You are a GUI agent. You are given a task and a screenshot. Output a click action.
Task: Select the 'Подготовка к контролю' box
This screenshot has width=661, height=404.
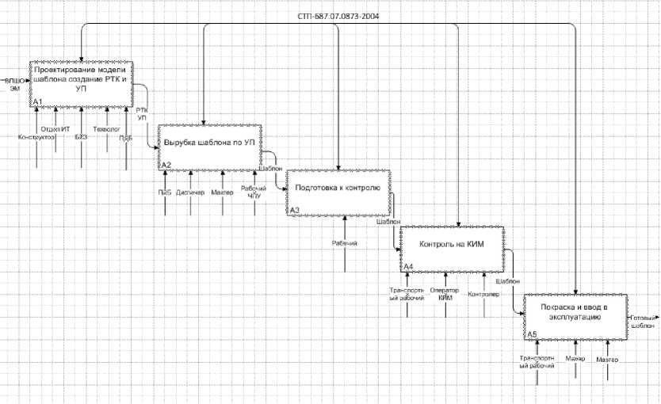[338, 191]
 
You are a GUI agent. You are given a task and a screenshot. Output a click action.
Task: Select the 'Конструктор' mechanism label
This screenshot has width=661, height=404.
[36, 137]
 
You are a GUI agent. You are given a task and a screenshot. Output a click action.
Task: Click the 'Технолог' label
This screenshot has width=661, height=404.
[105, 128]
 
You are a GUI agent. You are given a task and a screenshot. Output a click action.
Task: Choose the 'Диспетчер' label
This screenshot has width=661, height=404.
[190, 192]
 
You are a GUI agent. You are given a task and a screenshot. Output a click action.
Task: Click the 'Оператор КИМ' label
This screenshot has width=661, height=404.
[445, 293]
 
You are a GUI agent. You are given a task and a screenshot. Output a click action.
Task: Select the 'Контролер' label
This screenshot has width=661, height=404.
[483, 295]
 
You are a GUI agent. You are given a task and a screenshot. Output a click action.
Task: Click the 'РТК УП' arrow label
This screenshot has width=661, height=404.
[142, 114]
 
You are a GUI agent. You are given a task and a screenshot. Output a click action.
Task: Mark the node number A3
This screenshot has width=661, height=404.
[295, 210]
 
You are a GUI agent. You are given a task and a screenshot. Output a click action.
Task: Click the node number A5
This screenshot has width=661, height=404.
[533, 335]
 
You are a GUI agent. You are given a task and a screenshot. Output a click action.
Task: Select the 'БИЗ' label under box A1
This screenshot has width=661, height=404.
[81, 137]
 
